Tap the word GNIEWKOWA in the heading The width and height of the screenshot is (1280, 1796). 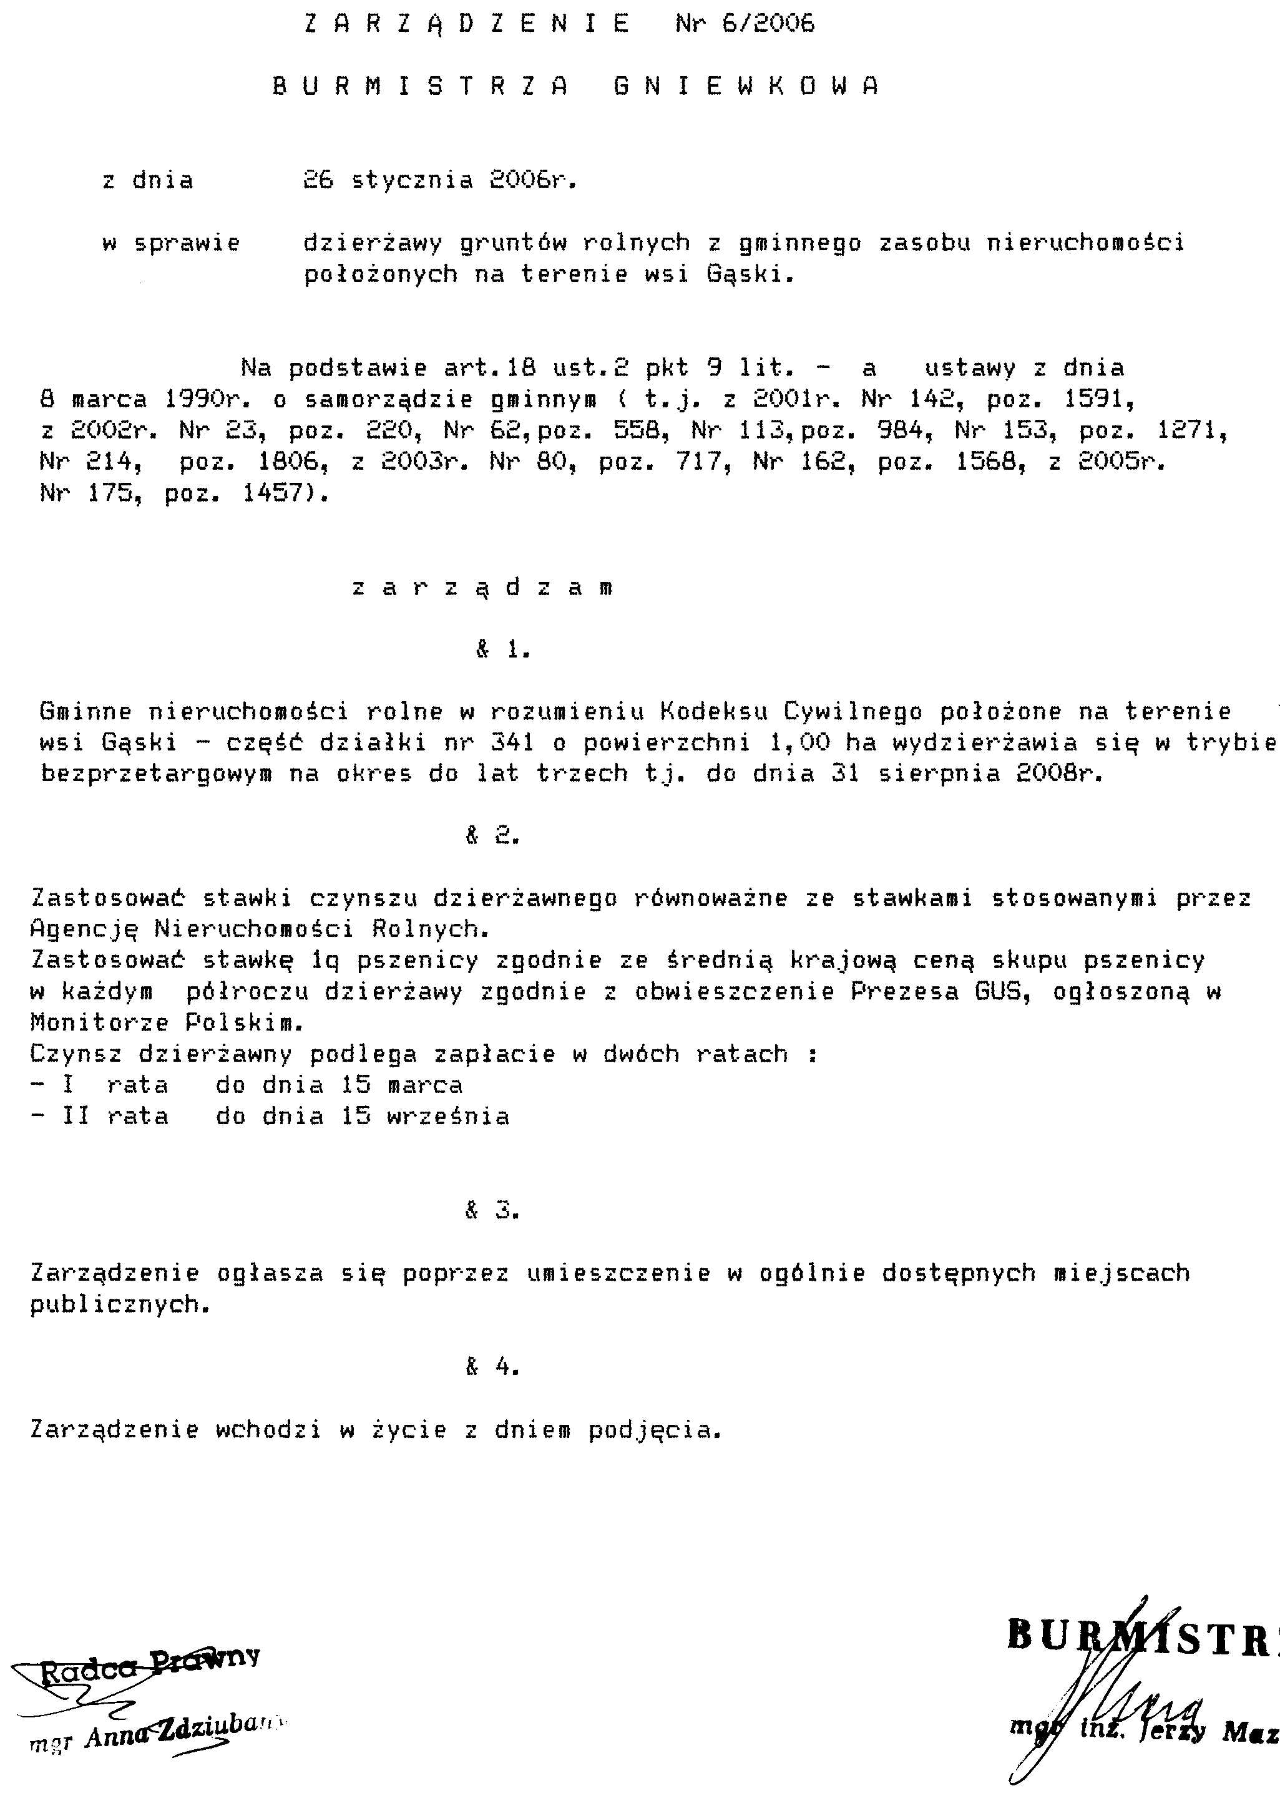tap(745, 86)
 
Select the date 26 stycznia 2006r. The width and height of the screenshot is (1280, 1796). tap(440, 180)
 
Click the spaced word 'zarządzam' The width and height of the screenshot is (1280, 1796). tap(482, 588)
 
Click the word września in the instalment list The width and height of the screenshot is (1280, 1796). tap(447, 1116)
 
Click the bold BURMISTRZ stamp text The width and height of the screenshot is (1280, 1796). tap(1143, 1635)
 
